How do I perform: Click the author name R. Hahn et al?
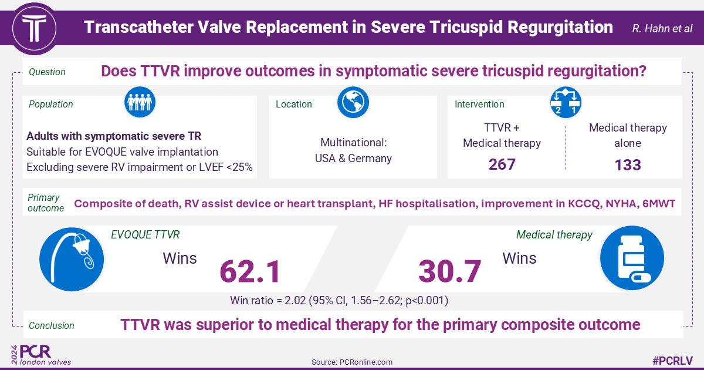pos(662,28)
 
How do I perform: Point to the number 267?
pos(502,164)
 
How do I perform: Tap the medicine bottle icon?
pos(631,258)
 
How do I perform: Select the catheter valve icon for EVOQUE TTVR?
pos(72,258)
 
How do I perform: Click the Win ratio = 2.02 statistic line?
pos(341,301)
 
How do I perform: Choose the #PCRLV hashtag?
pos(673,361)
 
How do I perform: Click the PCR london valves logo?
pos(41,355)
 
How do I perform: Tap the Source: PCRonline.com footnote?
pos(352,362)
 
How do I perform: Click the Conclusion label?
pos(52,325)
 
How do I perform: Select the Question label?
pos(47,72)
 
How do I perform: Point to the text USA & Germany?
pos(356,158)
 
